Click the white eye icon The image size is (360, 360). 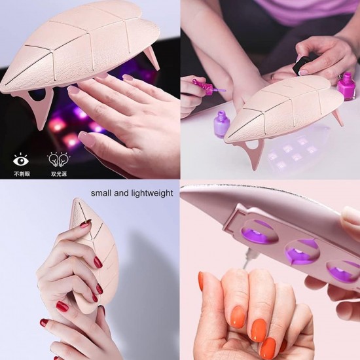tap(21, 158)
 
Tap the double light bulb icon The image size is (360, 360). tap(55, 158)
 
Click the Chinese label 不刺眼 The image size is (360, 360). tap(21, 174)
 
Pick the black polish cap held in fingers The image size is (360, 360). tap(303, 64)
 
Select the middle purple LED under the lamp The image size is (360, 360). tap(301, 249)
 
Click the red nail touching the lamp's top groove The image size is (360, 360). tap(86, 225)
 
